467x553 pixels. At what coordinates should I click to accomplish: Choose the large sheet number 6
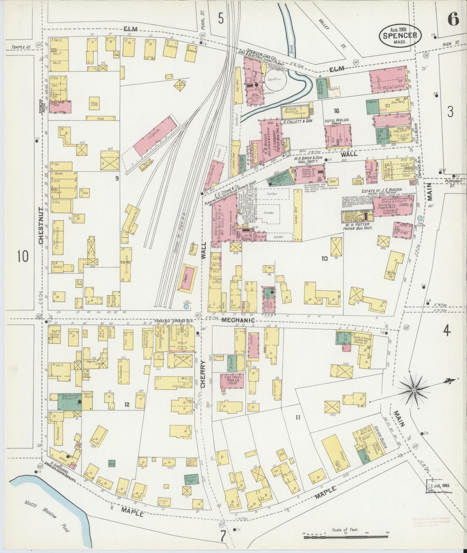[x=453, y=20]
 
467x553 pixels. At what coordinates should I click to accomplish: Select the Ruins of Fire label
[x=95, y=104]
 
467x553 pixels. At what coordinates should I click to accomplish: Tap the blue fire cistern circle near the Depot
[x=186, y=307]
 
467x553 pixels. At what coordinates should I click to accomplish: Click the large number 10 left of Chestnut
[x=23, y=257]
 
